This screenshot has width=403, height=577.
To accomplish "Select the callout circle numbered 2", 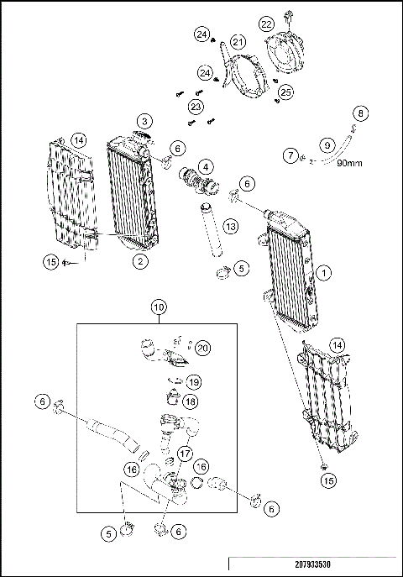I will (x=141, y=261).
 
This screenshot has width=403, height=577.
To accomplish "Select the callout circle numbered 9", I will (x=328, y=144).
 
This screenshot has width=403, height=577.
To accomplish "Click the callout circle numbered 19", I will (x=193, y=381).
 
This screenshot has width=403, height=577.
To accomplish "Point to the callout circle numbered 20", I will (x=203, y=348).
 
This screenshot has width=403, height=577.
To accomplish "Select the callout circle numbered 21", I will (x=238, y=43).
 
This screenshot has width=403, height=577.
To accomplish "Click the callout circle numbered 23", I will (x=196, y=108).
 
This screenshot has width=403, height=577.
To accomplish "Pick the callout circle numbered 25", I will (x=285, y=91).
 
